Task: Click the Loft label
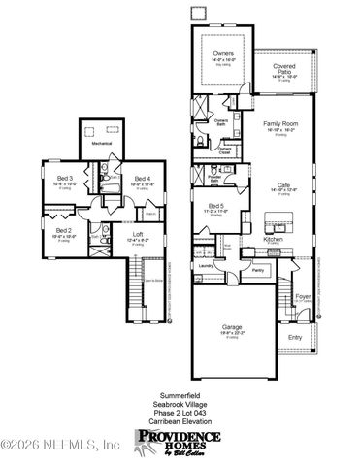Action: [139, 232]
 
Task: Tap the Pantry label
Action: [257, 271]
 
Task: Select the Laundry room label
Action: [205, 264]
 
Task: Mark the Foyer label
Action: [303, 297]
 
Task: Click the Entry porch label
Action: [295, 337]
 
